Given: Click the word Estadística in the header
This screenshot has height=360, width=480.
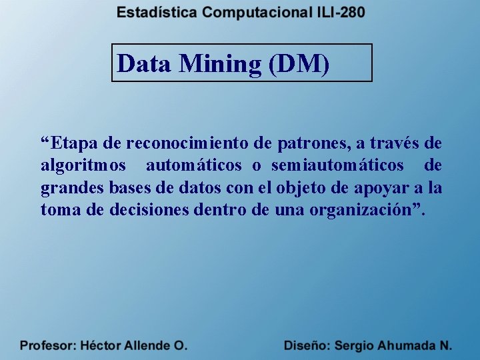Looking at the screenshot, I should [157, 13].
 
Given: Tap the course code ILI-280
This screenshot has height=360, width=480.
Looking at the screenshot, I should [339, 13].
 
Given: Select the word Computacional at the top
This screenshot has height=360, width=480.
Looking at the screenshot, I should [257, 13].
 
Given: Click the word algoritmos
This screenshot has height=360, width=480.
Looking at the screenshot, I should [83, 165].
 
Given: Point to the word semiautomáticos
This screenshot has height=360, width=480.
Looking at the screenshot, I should [337, 165].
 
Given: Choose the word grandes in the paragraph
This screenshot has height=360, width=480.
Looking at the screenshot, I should [67, 188].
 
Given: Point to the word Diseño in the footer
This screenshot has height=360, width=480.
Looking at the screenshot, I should [306, 346].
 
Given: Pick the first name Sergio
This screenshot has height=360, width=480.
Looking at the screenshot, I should [355, 346].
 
